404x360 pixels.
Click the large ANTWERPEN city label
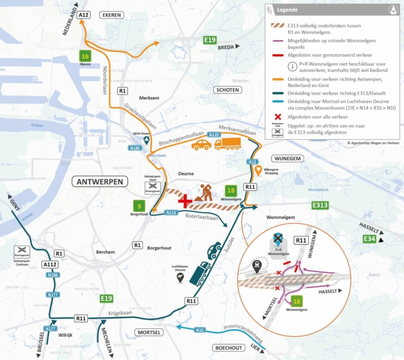tap(100, 182)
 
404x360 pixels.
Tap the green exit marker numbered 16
tap(85, 56)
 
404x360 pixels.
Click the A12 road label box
tap(83, 16)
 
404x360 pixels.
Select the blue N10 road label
tap(200, 330)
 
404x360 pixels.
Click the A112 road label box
tap(50, 265)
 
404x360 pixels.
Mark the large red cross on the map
tap(185, 200)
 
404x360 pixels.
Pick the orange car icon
tap(201, 145)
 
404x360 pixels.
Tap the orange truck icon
tap(228, 143)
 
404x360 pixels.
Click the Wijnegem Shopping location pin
tap(258, 171)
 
